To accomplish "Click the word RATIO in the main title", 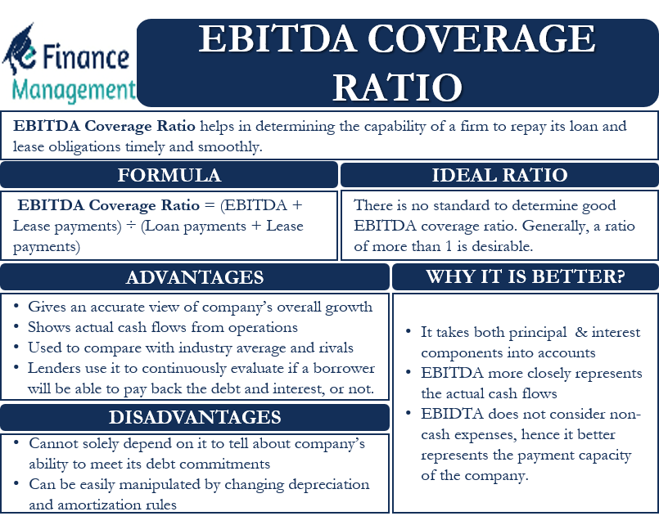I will coord(398,86).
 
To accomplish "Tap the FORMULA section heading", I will coord(169,175).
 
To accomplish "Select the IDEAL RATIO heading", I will coord(499,175).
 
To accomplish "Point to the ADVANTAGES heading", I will coord(195,277).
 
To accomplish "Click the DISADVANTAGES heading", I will coord(195,417).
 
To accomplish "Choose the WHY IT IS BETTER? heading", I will coord(525,277).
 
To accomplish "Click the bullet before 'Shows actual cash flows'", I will coord(17,327).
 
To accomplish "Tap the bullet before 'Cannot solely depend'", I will coord(17,443).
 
